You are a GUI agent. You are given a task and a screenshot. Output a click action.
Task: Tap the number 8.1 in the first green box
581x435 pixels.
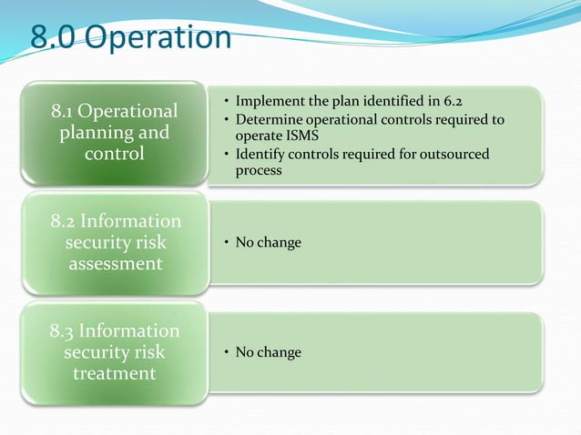63,111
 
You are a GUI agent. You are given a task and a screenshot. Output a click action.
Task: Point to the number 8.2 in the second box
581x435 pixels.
64,221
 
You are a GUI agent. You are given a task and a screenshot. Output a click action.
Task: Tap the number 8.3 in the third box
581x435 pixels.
64,330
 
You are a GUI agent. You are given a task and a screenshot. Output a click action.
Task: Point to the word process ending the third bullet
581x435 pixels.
259,170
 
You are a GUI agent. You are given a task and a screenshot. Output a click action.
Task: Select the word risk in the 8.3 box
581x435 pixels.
144,351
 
